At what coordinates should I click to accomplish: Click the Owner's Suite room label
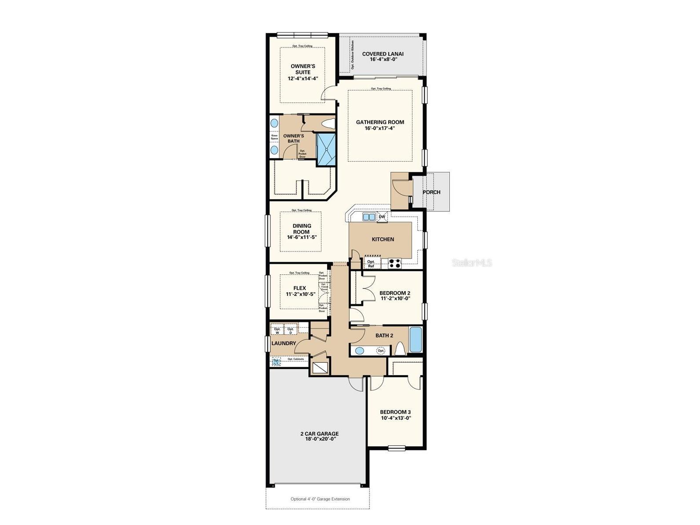303,69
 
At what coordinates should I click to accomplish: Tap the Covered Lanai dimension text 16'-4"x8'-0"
383,60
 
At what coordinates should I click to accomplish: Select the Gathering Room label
380,122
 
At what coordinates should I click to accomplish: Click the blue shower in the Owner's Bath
326,149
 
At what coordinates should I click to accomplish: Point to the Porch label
431,192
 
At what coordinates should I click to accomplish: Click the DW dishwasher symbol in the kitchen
382,217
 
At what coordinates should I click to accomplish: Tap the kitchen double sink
368,217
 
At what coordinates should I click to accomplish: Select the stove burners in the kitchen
395,263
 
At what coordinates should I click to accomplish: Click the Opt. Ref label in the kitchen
371,264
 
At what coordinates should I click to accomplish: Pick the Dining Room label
302,229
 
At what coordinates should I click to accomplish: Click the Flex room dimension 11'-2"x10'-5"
301,294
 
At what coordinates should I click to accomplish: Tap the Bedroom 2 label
395,293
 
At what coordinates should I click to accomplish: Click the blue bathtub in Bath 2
416,339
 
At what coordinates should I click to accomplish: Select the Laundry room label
284,343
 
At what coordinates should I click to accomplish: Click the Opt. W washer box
277,330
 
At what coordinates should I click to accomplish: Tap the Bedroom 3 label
395,412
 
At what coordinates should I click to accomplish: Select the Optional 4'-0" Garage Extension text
320,499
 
